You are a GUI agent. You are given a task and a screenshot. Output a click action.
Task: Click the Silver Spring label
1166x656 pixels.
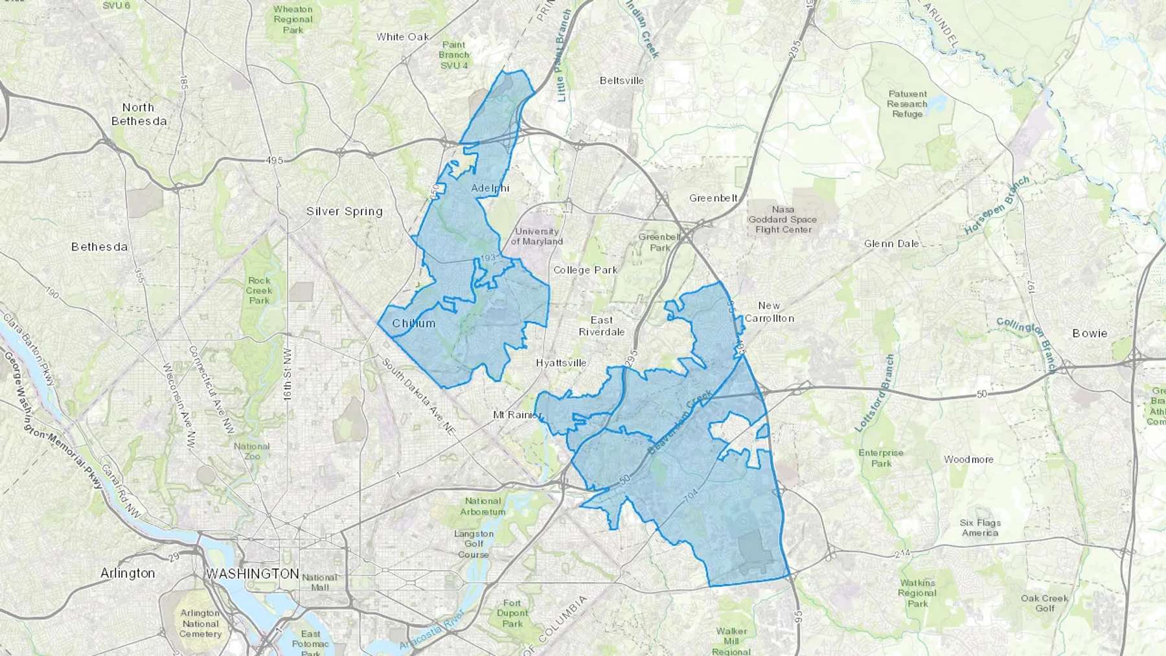[344, 211]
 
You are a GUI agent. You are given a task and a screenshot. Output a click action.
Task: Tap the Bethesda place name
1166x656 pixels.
[99, 247]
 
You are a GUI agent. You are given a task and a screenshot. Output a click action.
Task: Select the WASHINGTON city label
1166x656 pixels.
[252, 574]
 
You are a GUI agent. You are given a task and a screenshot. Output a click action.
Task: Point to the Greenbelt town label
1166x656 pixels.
[713, 198]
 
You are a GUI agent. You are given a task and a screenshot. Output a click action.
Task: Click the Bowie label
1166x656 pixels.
[1090, 334]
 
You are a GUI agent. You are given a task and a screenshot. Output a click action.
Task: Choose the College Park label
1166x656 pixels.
[585, 270]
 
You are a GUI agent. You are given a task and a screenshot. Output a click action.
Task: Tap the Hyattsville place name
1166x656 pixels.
[561, 363]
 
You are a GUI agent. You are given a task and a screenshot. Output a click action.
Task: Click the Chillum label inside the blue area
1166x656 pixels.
[413, 323]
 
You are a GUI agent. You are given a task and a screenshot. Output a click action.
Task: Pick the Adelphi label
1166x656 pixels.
[490, 188]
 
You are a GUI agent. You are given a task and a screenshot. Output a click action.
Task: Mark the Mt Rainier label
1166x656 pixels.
[516, 414]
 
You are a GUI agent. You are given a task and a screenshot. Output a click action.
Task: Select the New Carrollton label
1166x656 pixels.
[769, 311]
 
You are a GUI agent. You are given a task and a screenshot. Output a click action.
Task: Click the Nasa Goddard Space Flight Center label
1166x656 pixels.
[783, 220]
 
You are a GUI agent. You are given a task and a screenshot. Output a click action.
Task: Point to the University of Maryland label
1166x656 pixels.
[537, 236]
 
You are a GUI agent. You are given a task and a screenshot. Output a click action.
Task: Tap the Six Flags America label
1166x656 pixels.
[980, 528]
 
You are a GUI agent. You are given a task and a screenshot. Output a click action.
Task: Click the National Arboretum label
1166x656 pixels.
[483, 506]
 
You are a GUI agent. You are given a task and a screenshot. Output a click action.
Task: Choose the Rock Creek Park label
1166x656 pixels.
[259, 290]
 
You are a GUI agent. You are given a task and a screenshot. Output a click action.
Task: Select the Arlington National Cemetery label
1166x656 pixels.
[200, 623]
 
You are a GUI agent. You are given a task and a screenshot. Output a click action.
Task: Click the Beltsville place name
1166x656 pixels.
[621, 81]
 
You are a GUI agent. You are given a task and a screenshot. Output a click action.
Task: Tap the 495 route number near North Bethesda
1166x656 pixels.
[274, 160]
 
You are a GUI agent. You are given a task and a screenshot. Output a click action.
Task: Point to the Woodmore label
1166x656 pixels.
[968, 459]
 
